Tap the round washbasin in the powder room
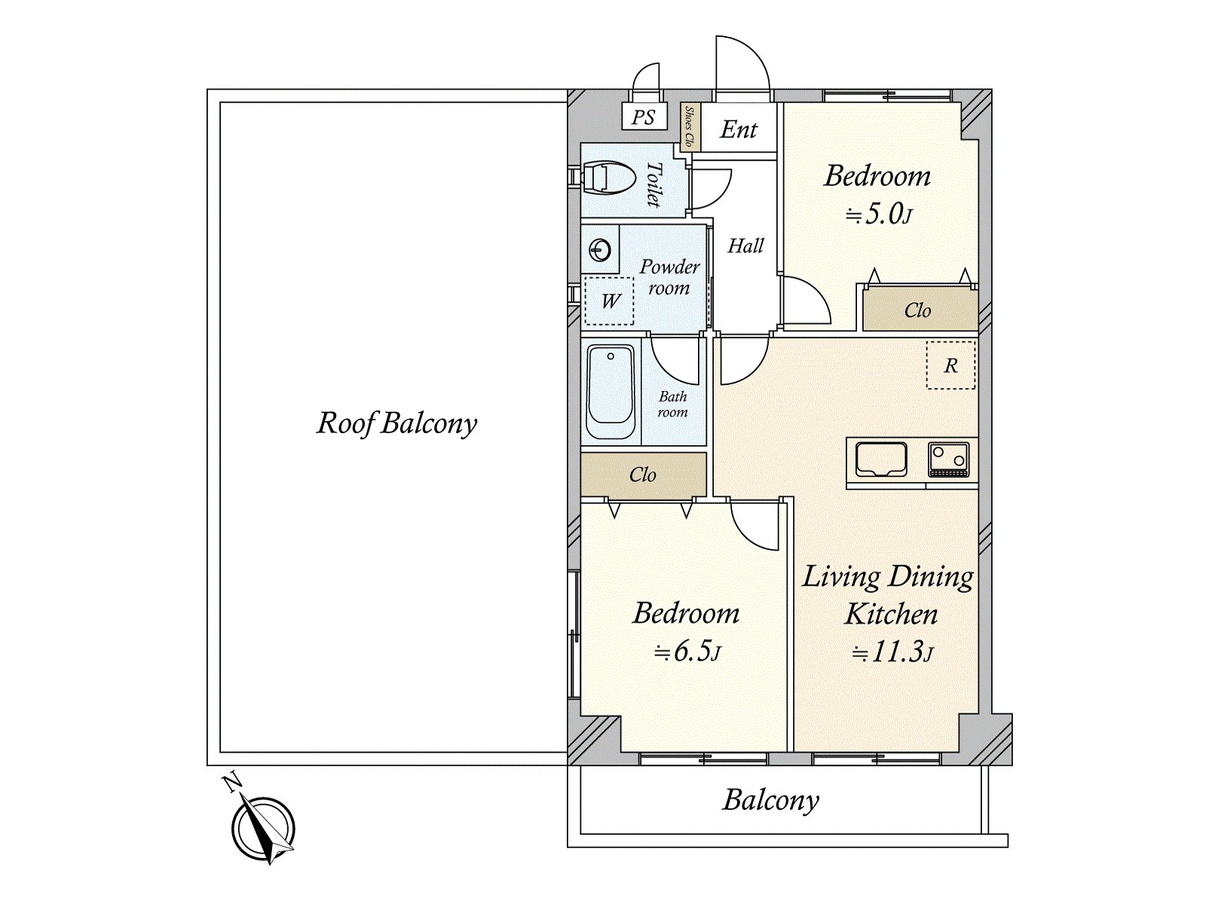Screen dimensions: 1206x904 coord(601,250)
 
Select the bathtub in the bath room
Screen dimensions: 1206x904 coord(611,391)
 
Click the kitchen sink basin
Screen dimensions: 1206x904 coord(880,460)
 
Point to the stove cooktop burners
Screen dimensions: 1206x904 coord(949,460)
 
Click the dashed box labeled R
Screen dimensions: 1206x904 coord(950,365)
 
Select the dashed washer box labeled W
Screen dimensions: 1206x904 coord(609,301)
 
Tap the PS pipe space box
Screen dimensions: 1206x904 coord(644,117)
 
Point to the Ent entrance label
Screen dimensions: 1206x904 coord(739,130)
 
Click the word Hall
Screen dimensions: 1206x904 coord(745,246)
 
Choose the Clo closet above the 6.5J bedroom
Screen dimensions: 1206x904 coord(644,475)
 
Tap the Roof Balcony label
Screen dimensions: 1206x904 coord(396,423)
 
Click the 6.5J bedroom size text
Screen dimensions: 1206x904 coord(687,652)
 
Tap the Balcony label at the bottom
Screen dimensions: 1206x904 coord(770,800)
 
